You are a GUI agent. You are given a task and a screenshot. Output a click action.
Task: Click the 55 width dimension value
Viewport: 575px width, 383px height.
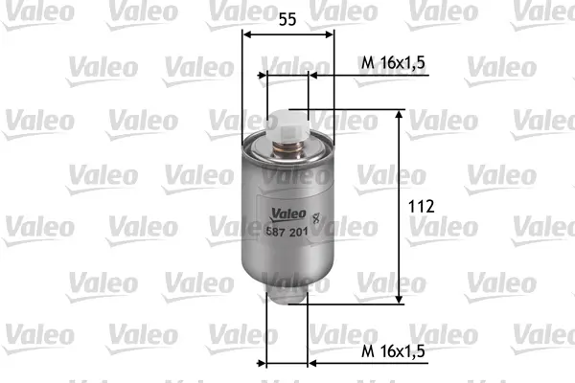[287, 19]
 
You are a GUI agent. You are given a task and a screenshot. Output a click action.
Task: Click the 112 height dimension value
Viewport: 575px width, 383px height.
[422, 207]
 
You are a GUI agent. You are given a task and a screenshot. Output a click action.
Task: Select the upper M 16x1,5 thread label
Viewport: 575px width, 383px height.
[393, 63]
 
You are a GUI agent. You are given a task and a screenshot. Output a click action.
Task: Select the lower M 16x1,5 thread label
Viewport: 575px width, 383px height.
[393, 351]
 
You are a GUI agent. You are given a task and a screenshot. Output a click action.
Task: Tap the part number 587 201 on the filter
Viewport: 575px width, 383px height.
[287, 232]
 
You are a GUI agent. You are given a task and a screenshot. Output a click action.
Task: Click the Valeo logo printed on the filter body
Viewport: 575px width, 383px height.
[287, 214]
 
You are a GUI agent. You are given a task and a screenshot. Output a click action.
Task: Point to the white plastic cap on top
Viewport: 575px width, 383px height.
[287, 126]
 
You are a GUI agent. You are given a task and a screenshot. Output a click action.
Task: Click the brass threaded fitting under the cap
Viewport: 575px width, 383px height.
[287, 149]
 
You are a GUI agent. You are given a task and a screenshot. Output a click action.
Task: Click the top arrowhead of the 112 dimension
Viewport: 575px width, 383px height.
[399, 114]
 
